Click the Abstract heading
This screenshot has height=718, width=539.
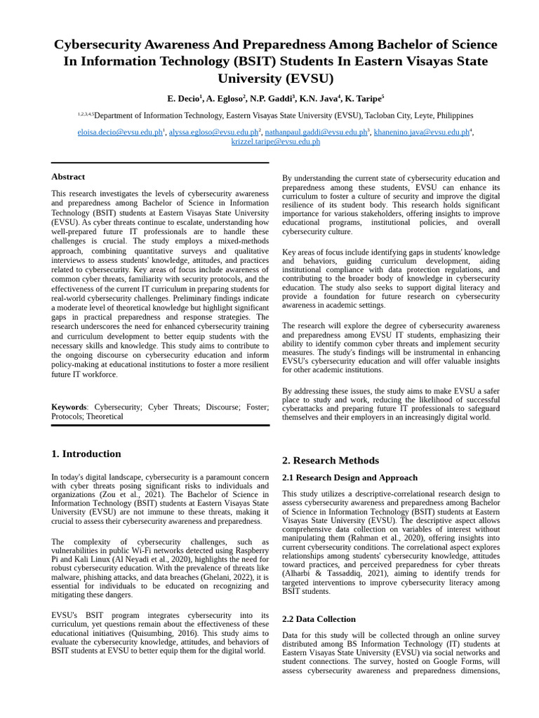pos(68,177)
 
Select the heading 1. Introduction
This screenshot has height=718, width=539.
pos(86,454)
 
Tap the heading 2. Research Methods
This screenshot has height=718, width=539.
pos(330,461)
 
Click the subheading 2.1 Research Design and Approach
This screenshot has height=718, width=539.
pos(350,477)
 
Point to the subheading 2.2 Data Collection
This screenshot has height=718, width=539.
pos(319,619)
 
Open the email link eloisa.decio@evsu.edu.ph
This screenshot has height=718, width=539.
pos(120,132)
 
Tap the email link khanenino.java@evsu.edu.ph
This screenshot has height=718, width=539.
pos(421,132)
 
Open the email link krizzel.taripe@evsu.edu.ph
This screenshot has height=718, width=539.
pos(276,142)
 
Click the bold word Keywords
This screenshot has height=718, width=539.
pos(69,407)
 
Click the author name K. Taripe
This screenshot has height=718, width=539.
pos(362,98)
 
